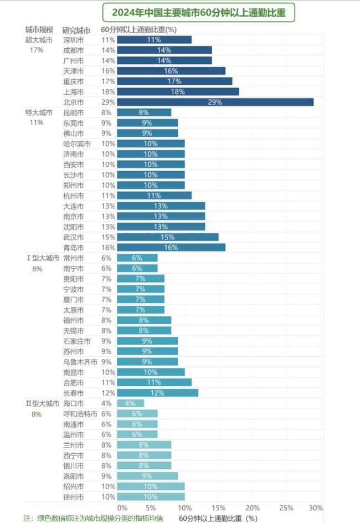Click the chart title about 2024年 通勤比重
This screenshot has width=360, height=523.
click(199, 12)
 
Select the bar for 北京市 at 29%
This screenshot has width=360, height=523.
click(215, 102)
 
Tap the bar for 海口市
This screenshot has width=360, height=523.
click(131, 403)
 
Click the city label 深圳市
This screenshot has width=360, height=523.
click(74, 40)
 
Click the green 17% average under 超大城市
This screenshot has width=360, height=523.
click(37, 50)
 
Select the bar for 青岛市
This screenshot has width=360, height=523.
click(171, 247)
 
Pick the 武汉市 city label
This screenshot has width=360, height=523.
click(74, 237)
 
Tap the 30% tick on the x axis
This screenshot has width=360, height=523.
click(316, 508)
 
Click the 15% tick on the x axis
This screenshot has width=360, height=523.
click(219, 508)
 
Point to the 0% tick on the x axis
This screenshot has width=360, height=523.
click(122, 508)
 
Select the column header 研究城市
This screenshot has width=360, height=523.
click(76, 30)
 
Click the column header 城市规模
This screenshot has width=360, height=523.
click(39, 29)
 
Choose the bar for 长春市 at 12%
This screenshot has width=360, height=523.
click(158, 393)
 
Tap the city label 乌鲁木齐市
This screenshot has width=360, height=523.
click(80, 362)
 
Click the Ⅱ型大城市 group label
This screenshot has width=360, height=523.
click(43, 403)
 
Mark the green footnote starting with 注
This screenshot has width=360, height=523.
click(93, 518)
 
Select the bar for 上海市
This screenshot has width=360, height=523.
click(178, 91)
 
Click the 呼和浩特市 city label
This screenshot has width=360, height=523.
click(80, 414)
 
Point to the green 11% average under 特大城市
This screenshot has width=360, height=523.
click(37, 122)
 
